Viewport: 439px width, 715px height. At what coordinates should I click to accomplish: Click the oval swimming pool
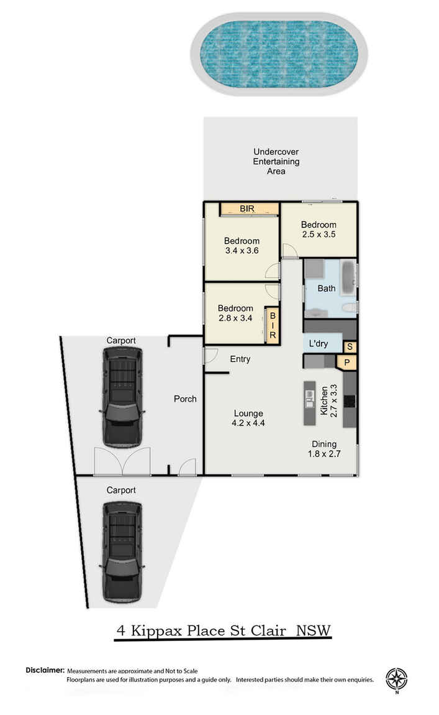pyautogui.click(x=278, y=54)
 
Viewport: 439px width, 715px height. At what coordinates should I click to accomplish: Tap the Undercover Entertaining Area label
pyautogui.click(x=276, y=161)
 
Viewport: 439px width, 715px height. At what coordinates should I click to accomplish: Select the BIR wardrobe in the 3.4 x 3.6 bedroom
pyautogui.click(x=248, y=209)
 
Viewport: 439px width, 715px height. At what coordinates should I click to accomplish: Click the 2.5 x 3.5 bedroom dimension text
pyautogui.click(x=319, y=235)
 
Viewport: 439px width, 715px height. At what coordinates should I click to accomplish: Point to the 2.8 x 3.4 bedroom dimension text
pyautogui.click(x=235, y=318)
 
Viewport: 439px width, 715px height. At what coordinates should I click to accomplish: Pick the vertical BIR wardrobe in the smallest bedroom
pyautogui.click(x=272, y=325)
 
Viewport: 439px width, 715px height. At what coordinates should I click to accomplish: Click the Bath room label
pyautogui.click(x=326, y=288)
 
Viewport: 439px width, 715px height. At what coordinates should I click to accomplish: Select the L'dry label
pyautogui.click(x=318, y=343)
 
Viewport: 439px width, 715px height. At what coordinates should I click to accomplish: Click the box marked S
pyautogui.click(x=350, y=347)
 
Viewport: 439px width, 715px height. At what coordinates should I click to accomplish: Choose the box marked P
pyautogui.click(x=346, y=362)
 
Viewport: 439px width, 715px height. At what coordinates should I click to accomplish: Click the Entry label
pyautogui.click(x=240, y=359)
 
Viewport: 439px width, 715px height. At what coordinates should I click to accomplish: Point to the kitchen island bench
pyautogui.click(x=309, y=402)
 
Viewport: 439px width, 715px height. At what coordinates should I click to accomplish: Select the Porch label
pyautogui.click(x=185, y=399)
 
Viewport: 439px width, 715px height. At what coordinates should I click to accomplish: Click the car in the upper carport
pyautogui.click(x=122, y=397)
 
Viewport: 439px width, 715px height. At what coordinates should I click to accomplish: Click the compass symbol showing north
pyautogui.click(x=396, y=679)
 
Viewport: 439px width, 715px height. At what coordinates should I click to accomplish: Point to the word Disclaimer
pyautogui.click(x=45, y=670)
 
